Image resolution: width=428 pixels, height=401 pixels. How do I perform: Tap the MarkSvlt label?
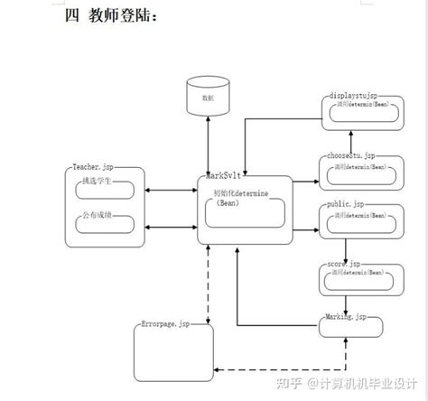[x=224, y=174]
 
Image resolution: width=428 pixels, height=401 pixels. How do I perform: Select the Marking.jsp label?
[x=344, y=316]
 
